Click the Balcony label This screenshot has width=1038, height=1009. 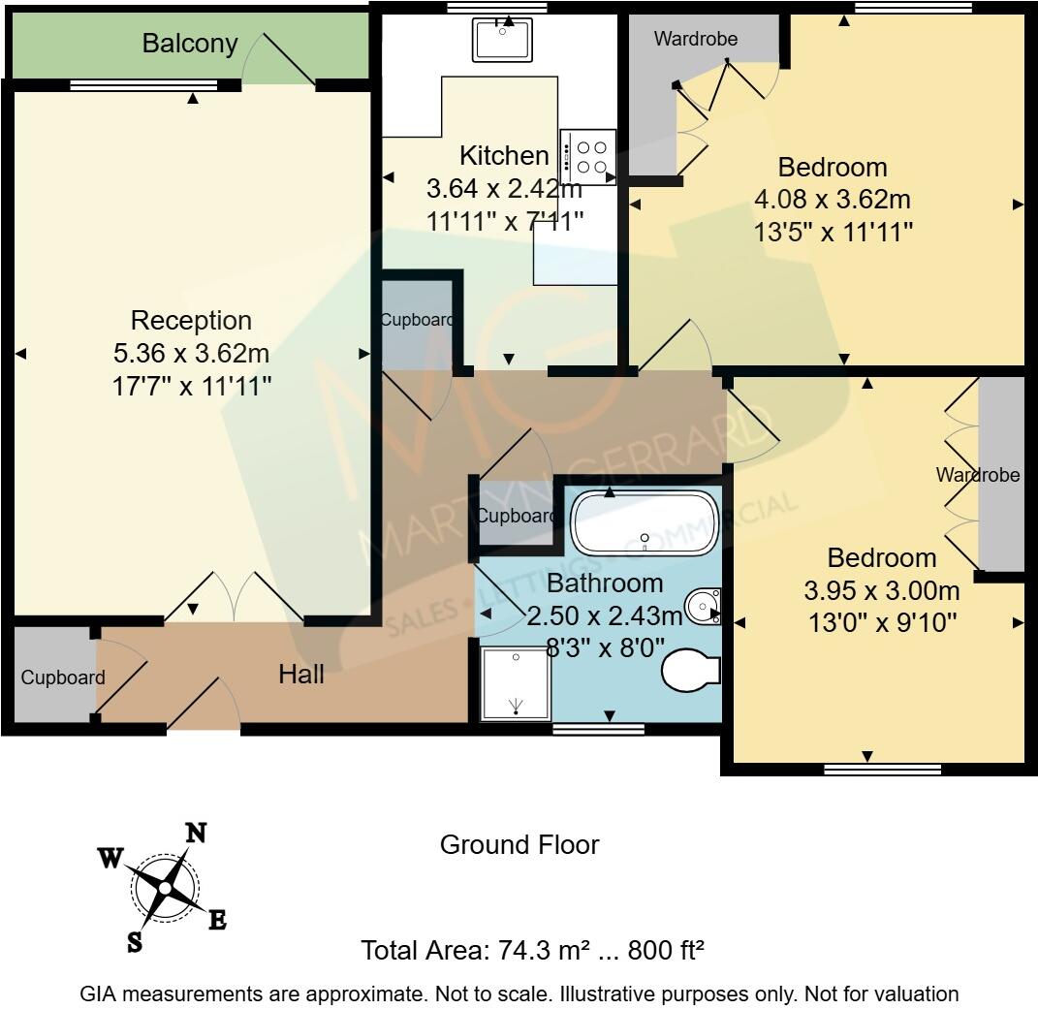point(190,44)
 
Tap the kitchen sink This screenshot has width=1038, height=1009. point(502,40)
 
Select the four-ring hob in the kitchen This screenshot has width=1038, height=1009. point(588,157)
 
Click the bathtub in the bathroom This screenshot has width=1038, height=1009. point(645,523)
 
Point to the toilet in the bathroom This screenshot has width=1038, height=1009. point(690,670)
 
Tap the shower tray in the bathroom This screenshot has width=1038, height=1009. point(516,683)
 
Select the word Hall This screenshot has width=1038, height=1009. point(301,675)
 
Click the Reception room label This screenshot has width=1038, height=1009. point(191,321)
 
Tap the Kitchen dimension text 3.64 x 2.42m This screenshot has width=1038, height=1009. point(504,189)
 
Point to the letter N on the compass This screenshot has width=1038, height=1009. point(196,833)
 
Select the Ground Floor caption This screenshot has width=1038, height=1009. point(519,845)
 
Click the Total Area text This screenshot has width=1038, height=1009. point(532,951)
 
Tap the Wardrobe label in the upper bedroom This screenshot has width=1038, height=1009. point(696,39)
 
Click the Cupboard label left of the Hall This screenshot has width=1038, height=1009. point(63,678)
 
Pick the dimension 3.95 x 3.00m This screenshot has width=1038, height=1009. point(882,590)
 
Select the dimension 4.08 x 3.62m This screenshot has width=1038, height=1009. point(833,200)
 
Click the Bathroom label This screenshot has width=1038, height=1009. point(605,583)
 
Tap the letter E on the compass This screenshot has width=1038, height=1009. point(218,920)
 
